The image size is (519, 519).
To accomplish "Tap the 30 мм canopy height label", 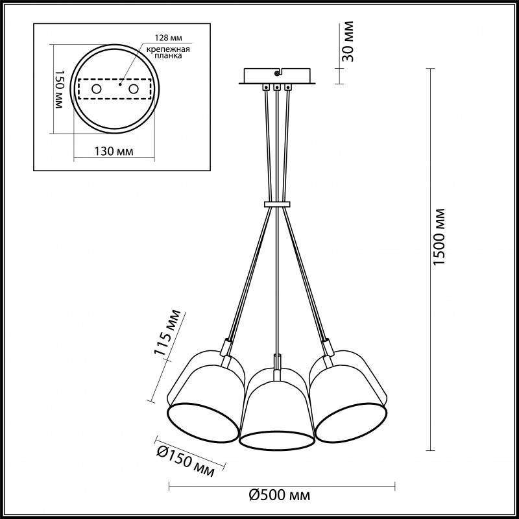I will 348,42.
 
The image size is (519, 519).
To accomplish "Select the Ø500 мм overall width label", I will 280,496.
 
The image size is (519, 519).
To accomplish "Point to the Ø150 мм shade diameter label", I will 186,461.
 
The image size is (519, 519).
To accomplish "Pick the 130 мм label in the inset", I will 114,152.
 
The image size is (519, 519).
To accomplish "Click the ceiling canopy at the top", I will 277,77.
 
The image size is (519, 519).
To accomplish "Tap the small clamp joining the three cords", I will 277,205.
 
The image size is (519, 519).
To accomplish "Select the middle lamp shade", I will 277,409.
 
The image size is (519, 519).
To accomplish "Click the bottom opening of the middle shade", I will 277,439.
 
